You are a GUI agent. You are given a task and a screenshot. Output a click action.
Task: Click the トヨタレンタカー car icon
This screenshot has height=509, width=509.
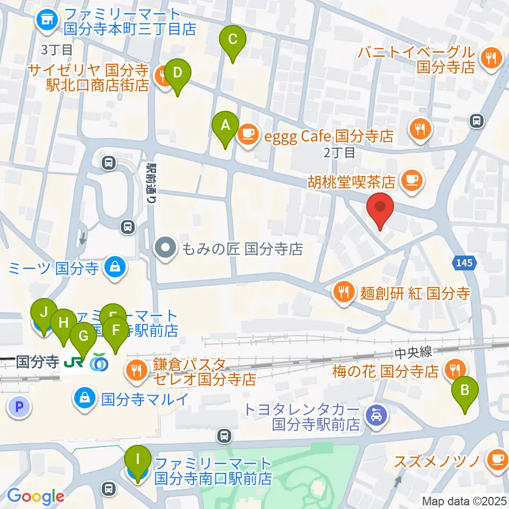point(376,414)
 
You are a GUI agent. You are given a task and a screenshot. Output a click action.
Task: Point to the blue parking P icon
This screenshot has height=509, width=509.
point(20,407)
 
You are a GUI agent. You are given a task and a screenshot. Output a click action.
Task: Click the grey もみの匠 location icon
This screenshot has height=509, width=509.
point(165,248)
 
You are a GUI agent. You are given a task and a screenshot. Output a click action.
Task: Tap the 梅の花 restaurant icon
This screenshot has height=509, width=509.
point(455,370)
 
